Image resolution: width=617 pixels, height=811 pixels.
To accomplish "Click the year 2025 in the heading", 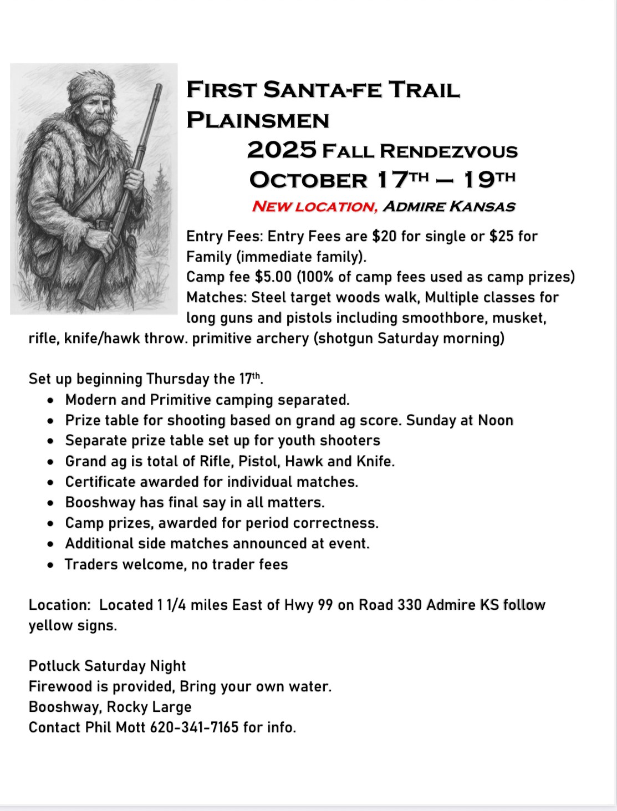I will [x=282, y=150].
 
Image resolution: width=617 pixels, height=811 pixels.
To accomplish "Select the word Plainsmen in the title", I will [x=258, y=120].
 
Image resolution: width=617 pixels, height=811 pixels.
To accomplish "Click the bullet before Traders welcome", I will [x=51, y=565].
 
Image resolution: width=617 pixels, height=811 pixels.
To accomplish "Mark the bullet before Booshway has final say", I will [x=51, y=503].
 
